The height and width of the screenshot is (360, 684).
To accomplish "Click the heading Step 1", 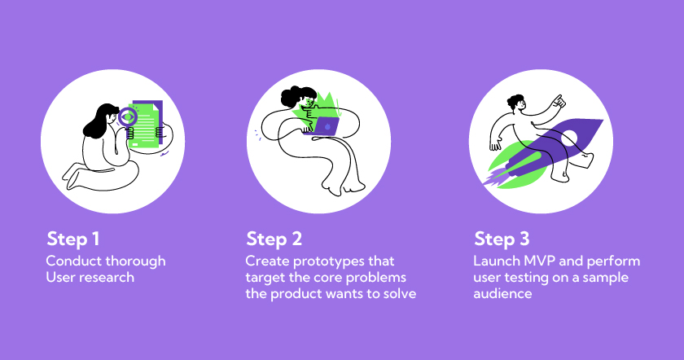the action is tap(73, 239).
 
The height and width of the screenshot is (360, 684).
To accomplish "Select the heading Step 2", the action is tap(274, 239).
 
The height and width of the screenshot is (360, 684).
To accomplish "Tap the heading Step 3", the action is tap(502, 239).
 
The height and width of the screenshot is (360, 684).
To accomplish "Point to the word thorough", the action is tap(136, 261).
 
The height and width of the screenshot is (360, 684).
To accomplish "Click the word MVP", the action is tap(540, 261).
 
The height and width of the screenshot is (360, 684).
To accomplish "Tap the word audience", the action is tap(502, 294).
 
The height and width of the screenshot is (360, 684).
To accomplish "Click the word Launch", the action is tap(497, 261).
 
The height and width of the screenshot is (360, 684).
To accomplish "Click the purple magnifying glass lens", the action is tap(127, 116).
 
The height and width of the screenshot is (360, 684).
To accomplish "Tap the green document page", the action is tap(145, 125).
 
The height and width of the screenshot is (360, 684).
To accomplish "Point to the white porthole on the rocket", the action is tap(569, 138).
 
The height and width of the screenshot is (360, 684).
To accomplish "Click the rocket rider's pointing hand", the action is tap(559, 102).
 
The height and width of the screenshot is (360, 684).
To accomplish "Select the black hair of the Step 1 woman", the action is tap(99, 121).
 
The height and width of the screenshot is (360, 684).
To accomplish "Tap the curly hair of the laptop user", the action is tap(298, 96).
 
